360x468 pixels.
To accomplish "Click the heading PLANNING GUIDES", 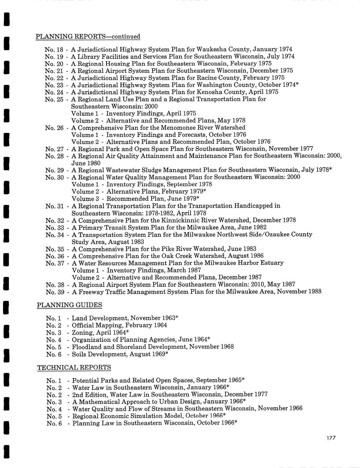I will click(69, 305).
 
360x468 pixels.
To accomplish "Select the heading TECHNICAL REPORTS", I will click(74, 367).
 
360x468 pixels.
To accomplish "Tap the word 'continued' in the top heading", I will click(126, 36).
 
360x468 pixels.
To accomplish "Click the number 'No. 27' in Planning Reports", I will click(55, 149).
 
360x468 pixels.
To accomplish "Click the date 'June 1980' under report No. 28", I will click(86, 163).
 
